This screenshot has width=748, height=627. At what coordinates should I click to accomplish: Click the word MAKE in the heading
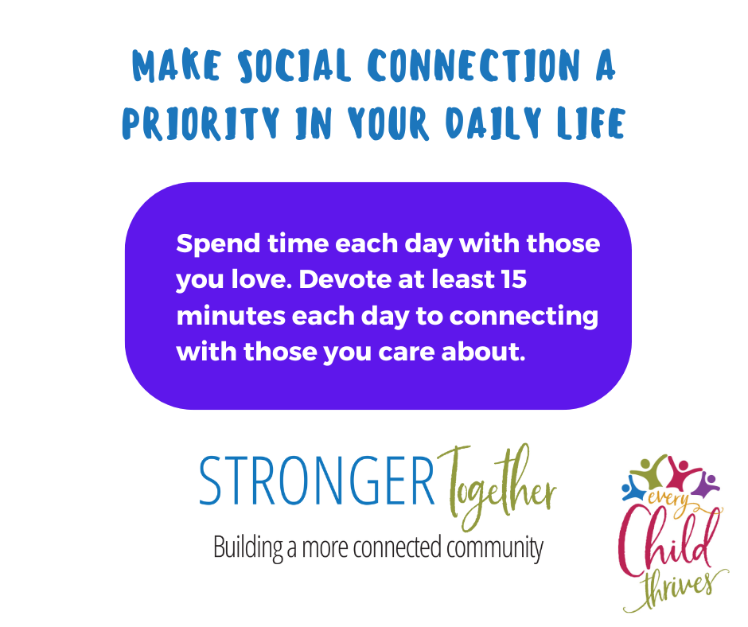click(x=177, y=65)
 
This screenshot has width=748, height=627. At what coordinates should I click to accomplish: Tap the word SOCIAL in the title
click(x=294, y=65)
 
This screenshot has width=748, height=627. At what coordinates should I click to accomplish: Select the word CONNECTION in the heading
click(x=473, y=65)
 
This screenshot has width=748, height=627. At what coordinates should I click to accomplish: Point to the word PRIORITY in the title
click(x=201, y=123)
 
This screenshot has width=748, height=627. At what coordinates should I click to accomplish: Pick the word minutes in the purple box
click(x=231, y=316)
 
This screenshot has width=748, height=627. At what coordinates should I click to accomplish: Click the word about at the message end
click(x=483, y=352)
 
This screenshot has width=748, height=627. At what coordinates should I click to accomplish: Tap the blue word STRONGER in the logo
click(x=317, y=480)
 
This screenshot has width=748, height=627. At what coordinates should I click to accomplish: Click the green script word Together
click(x=496, y=487)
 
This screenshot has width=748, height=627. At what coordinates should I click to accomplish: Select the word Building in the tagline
click(x=248, y=547)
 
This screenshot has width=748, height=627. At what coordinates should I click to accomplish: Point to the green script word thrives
click(x=677, y=588)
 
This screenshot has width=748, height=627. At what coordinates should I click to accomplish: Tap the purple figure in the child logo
click(x=706, y=483)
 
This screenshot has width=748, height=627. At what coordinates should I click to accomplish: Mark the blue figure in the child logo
click(x=633, y=489)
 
